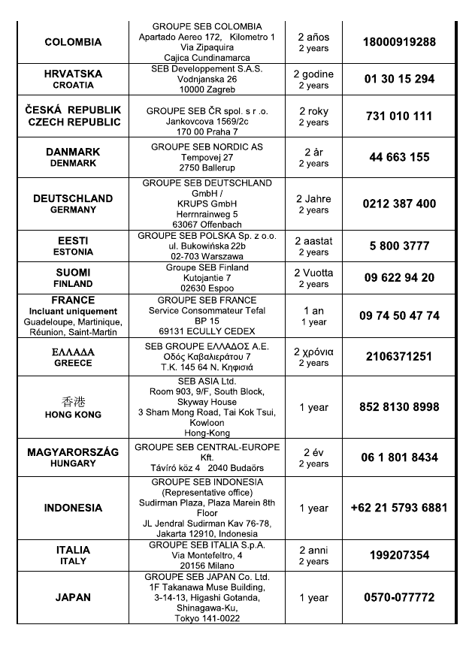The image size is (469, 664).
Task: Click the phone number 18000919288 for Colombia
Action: (399, 42)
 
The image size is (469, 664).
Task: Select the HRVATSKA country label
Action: (73, 74)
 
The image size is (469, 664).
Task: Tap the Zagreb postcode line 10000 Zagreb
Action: (207, 89)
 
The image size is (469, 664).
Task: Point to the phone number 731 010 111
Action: (399, 116)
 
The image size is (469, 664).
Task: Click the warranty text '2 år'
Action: (313, 152)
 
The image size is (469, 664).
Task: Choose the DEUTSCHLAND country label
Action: (73, 198)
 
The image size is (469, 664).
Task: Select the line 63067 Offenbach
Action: (207, 224)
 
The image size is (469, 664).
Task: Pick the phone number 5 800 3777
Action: (399, 246)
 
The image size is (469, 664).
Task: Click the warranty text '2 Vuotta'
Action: (313, 273)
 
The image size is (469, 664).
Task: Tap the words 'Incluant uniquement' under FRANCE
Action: (73, 311)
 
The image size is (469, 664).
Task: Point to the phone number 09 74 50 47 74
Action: (399, 315)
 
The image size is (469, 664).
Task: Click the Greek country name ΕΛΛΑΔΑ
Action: (73, 352)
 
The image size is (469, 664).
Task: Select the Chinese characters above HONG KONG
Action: (73, 401)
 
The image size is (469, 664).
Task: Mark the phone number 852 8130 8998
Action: (399, 407)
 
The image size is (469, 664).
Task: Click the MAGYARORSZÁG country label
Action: (73, 452)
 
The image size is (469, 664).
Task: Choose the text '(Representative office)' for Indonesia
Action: (207, 492)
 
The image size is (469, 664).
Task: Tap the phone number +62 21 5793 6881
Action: (399, 508)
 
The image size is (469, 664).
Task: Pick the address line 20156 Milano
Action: (207, 566)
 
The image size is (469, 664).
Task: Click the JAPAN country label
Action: (73, 598)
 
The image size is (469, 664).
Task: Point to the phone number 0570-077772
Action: (399, 598)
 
